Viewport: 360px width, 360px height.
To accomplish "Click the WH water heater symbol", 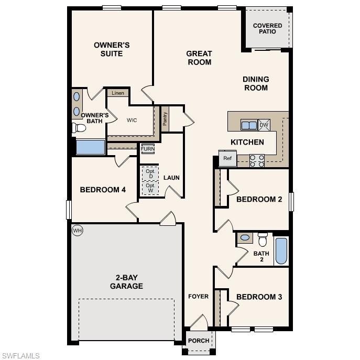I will click(78, 231).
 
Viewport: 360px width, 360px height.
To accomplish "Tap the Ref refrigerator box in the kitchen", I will click(227, 158).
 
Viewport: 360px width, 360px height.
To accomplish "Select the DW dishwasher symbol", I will click(264, 125).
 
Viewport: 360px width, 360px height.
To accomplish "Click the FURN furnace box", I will click(148, 149).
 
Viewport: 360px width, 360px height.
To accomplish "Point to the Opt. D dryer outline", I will click(150, 173).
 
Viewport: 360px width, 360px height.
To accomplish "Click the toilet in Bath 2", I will click(263, 239).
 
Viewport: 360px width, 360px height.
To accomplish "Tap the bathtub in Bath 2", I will click(281, 251).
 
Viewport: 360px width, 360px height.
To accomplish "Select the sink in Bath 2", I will click(245, 238).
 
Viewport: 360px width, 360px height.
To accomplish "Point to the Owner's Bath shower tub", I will click(90, 147).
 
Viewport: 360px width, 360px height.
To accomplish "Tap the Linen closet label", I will click(118, 93).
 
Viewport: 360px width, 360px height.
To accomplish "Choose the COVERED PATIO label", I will click(267, 28).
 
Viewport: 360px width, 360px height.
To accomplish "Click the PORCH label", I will click(199, 341).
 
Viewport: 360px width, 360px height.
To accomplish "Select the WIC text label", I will click(132, 120).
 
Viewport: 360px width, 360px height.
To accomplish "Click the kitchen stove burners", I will click(257, 160).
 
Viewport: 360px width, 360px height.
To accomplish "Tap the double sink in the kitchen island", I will click(249, 125).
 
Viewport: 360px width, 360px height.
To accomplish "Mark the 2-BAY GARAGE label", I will click(126, 282).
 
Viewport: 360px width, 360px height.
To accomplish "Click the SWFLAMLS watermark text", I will click(21, 356).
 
